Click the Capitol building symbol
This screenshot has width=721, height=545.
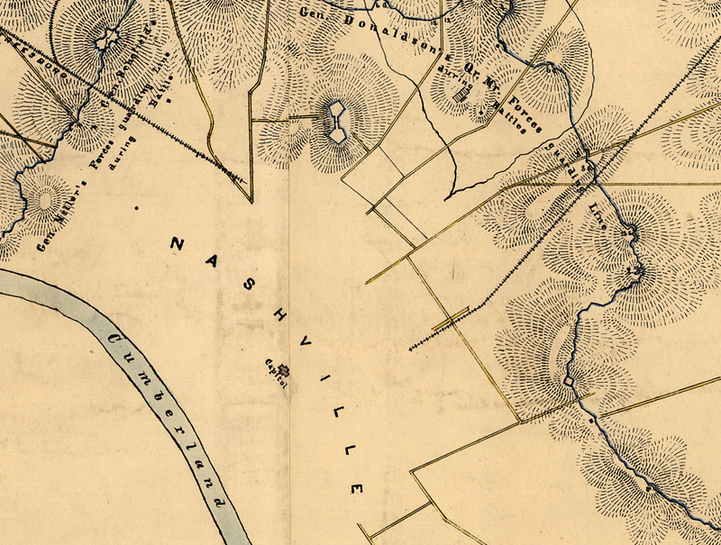282,368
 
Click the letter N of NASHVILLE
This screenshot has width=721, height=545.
177,244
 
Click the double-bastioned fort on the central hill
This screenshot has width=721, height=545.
335,121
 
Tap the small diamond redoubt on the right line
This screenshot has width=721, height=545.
569,383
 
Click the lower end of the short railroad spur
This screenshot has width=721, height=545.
412,348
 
